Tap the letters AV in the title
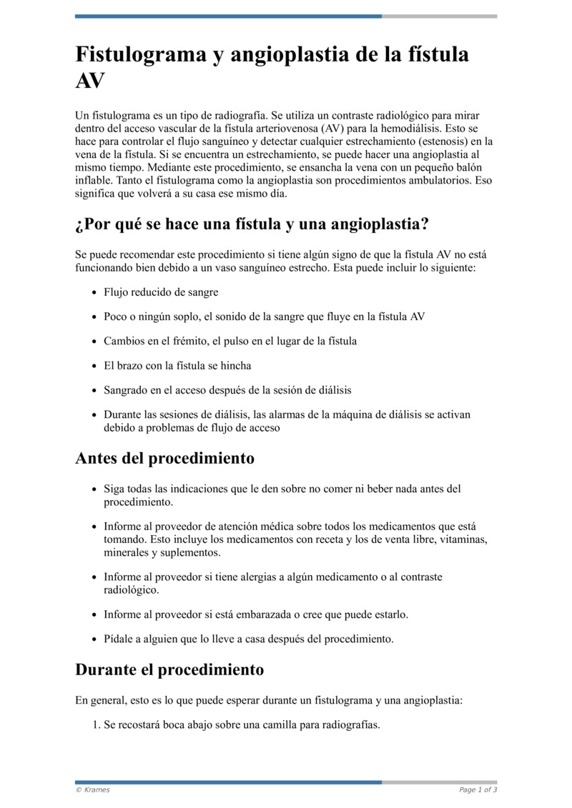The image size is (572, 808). (x=90, y=81)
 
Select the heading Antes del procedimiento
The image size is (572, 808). (x=164, y=458)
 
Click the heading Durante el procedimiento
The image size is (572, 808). (x=169, y=669)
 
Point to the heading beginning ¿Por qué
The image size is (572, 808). (x=252, y=224)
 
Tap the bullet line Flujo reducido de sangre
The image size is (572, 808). (x=161, y=292)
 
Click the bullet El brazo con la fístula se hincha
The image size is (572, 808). (x=177, y=365)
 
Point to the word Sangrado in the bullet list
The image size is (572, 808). (x=126, y=390)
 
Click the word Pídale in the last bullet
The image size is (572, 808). (x=119, y=639)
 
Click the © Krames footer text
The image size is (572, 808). (x=93, y=789)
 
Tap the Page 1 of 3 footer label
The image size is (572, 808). (x=478, y=789)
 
